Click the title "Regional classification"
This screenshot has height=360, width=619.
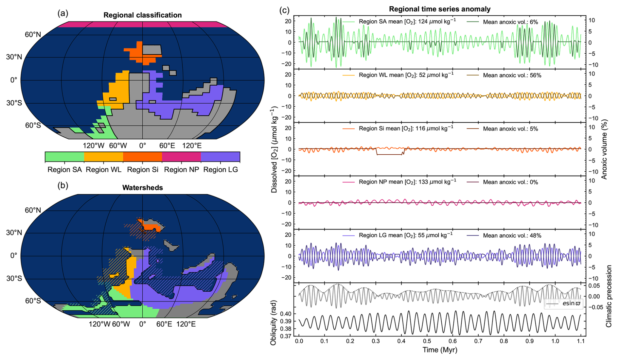tap(142, 15)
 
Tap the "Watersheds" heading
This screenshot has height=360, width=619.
tap(142, 188)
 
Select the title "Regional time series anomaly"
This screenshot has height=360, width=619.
tap(440, 9)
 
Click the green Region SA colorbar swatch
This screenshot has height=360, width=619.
tap(64, 157)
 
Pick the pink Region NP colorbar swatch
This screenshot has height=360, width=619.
tap(181, 157)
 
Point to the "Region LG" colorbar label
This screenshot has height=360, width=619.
tap(221, 170)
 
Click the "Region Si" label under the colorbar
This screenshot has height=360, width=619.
tap(143, 170)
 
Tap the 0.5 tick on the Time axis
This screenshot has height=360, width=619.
tap(427, 341)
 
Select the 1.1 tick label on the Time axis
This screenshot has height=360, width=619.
tap(581, 341)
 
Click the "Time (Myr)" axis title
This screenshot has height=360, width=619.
tap(440, 350)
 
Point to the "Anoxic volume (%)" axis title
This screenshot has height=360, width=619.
tap(604, 149)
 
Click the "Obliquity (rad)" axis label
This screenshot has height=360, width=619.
tap(274, 322)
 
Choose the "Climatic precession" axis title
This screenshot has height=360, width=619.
tap(609, 296)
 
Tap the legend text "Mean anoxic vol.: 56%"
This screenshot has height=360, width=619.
tap(512, 75)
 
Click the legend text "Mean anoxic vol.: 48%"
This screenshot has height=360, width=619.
tap(512, 235)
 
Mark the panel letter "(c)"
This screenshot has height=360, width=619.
tap(284, 10)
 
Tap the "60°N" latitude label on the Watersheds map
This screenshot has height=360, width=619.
tap(33, 210)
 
